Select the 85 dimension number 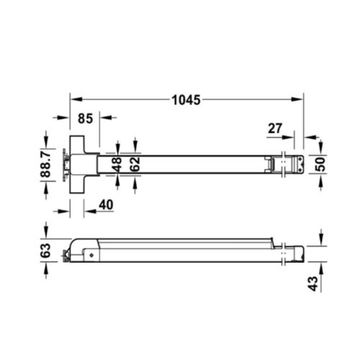coord(84,118)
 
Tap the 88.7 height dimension coord(45,163)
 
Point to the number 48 coord(118,163)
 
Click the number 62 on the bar coord(134,163)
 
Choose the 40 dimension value coord(104,204)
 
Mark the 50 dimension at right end coord(321,163)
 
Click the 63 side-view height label coord(45,251)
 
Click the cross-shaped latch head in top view coord(81,163)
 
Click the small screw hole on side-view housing coord(91,253)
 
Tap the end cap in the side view coord(294,253)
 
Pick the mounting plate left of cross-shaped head coord(67,163)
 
